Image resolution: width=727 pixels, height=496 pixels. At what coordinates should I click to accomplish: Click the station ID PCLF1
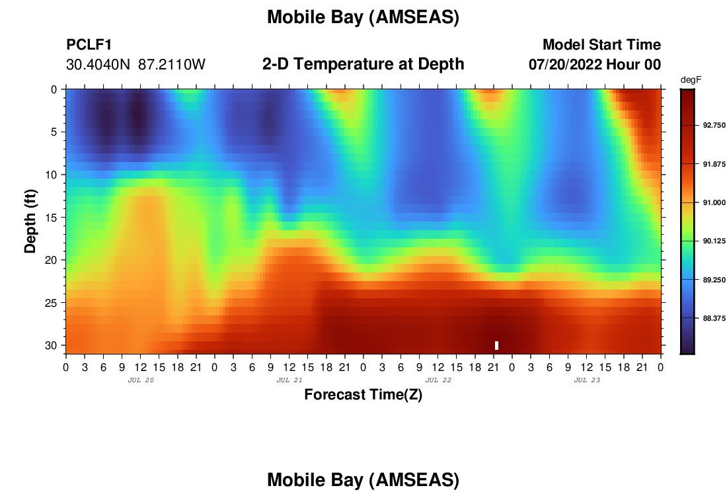pyautogui.click(x=89, y=44)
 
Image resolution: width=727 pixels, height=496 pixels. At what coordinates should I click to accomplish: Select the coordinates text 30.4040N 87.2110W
pyautogui.click(x=135, y=64)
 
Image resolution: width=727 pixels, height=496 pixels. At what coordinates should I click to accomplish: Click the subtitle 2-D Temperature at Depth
pyautogui.click(x=363, y=63)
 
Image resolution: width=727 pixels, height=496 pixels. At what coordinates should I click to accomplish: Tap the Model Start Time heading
pyautogui.click(x=601, y=44)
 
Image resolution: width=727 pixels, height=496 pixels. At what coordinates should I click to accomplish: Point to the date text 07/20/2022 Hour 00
pyautogui.click(x=594, y=64)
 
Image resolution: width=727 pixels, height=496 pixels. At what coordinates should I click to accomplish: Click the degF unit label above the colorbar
pyautogui.click(x=691, y=80)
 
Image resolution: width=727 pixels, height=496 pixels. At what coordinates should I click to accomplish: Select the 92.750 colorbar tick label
pyautogui.click(x=714, y=125)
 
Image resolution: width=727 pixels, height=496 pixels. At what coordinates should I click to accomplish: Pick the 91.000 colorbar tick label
pyautogui.click(x=714, y=202)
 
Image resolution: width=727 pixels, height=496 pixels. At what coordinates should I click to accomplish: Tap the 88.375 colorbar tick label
pyautogui.click(x=714, y=318)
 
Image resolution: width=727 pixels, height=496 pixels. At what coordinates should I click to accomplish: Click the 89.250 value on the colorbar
pyautogui.click(x=714, y=280)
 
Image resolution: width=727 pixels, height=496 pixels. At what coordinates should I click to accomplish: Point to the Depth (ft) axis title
pyautogui.click(x=30, y=221)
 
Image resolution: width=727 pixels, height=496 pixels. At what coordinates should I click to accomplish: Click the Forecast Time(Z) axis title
pyautogui.click(x=363, y=394)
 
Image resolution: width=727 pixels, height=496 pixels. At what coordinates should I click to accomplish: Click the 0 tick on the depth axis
pyautogui.click(x=54, y=89)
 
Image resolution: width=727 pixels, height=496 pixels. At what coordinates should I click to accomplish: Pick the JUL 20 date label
pyautogui.click(x=141, y=380)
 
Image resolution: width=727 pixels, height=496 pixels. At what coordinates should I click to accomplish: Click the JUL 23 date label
pyautogui.click(x=586, y=380)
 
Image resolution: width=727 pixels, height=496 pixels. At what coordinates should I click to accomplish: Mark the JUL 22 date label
pyautogui.click(x=438, y=380)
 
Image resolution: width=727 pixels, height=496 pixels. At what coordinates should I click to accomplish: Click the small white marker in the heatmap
pyautogui.click(x=496, y=345)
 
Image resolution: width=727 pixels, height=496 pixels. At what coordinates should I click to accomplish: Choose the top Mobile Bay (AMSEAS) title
pyautogui.click(x=363, y=17)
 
